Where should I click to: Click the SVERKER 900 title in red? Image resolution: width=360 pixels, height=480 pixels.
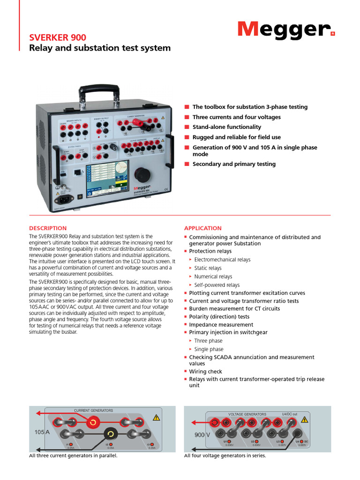pyautogui.click(x=58, y=37)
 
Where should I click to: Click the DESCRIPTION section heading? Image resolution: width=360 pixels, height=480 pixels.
pyautogui.click(x=48, y=228)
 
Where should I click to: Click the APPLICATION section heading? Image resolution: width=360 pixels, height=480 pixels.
pyautogui.click(x=202, y=228)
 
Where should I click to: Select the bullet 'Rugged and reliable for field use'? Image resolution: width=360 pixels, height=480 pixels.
pyautogui.click(x=237, y=137)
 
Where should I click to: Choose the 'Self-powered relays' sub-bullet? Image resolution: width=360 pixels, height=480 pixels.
pyautogui.click(x=217, y=285)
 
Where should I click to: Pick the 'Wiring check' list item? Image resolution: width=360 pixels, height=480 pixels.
pyautogui.click(x=205, y=372)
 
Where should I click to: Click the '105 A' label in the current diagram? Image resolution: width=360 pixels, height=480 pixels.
pyautogui.click(x=42, y=431)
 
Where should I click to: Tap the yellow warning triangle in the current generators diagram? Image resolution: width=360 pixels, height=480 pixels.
pyautogui.click(x=156, y=417)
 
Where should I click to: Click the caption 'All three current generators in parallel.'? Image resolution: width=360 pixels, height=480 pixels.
pyautogui.click(x=73, y=456)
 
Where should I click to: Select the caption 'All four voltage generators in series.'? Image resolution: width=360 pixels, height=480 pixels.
pyautogui.click(x=225, y=456)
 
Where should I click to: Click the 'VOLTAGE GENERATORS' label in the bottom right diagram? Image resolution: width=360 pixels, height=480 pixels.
pyautogui.click(x=247, y=414)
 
